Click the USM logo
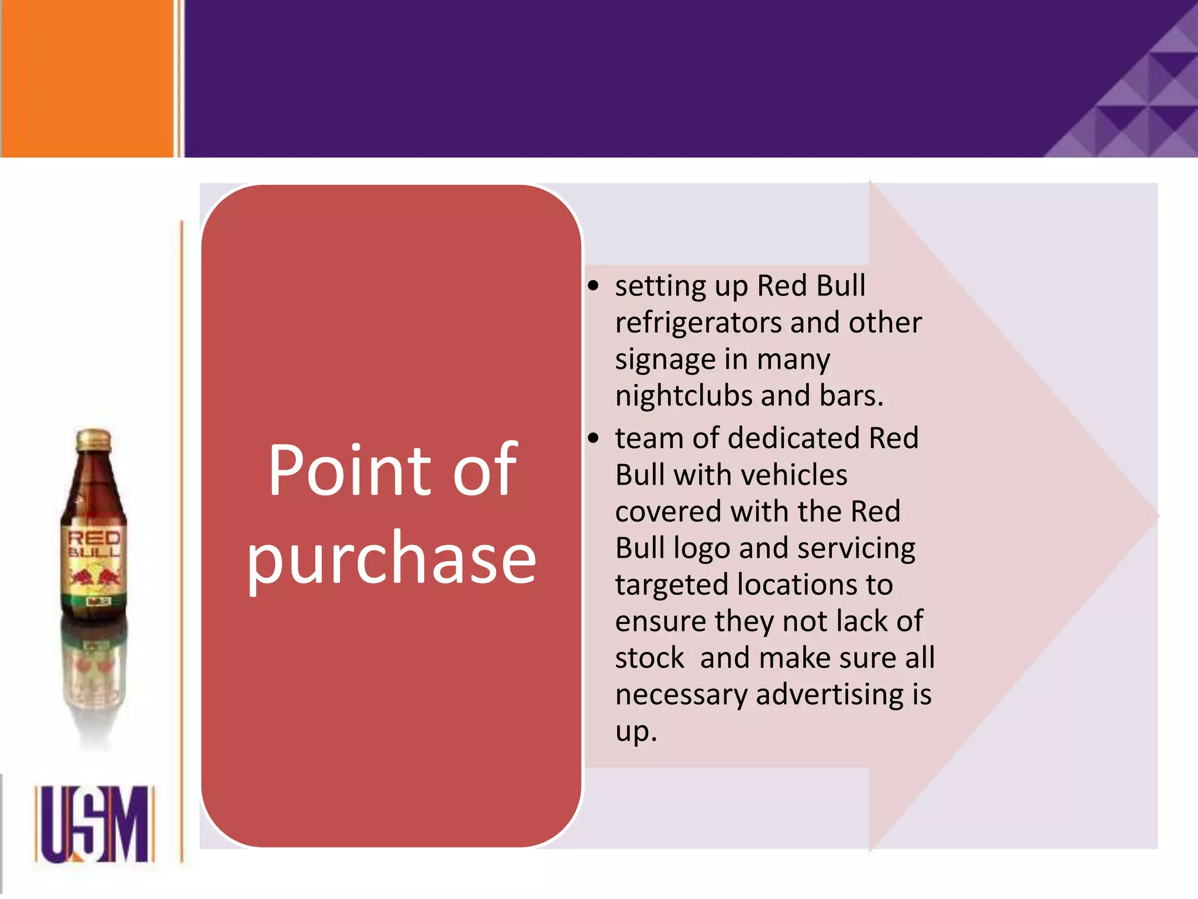(94, 824)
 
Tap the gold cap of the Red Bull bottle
(94, 438)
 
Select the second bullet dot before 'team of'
(594, 438)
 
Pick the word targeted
(672, 585)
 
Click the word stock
(649, 658)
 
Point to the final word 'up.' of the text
(636, 732)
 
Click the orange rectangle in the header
(88, 78)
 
